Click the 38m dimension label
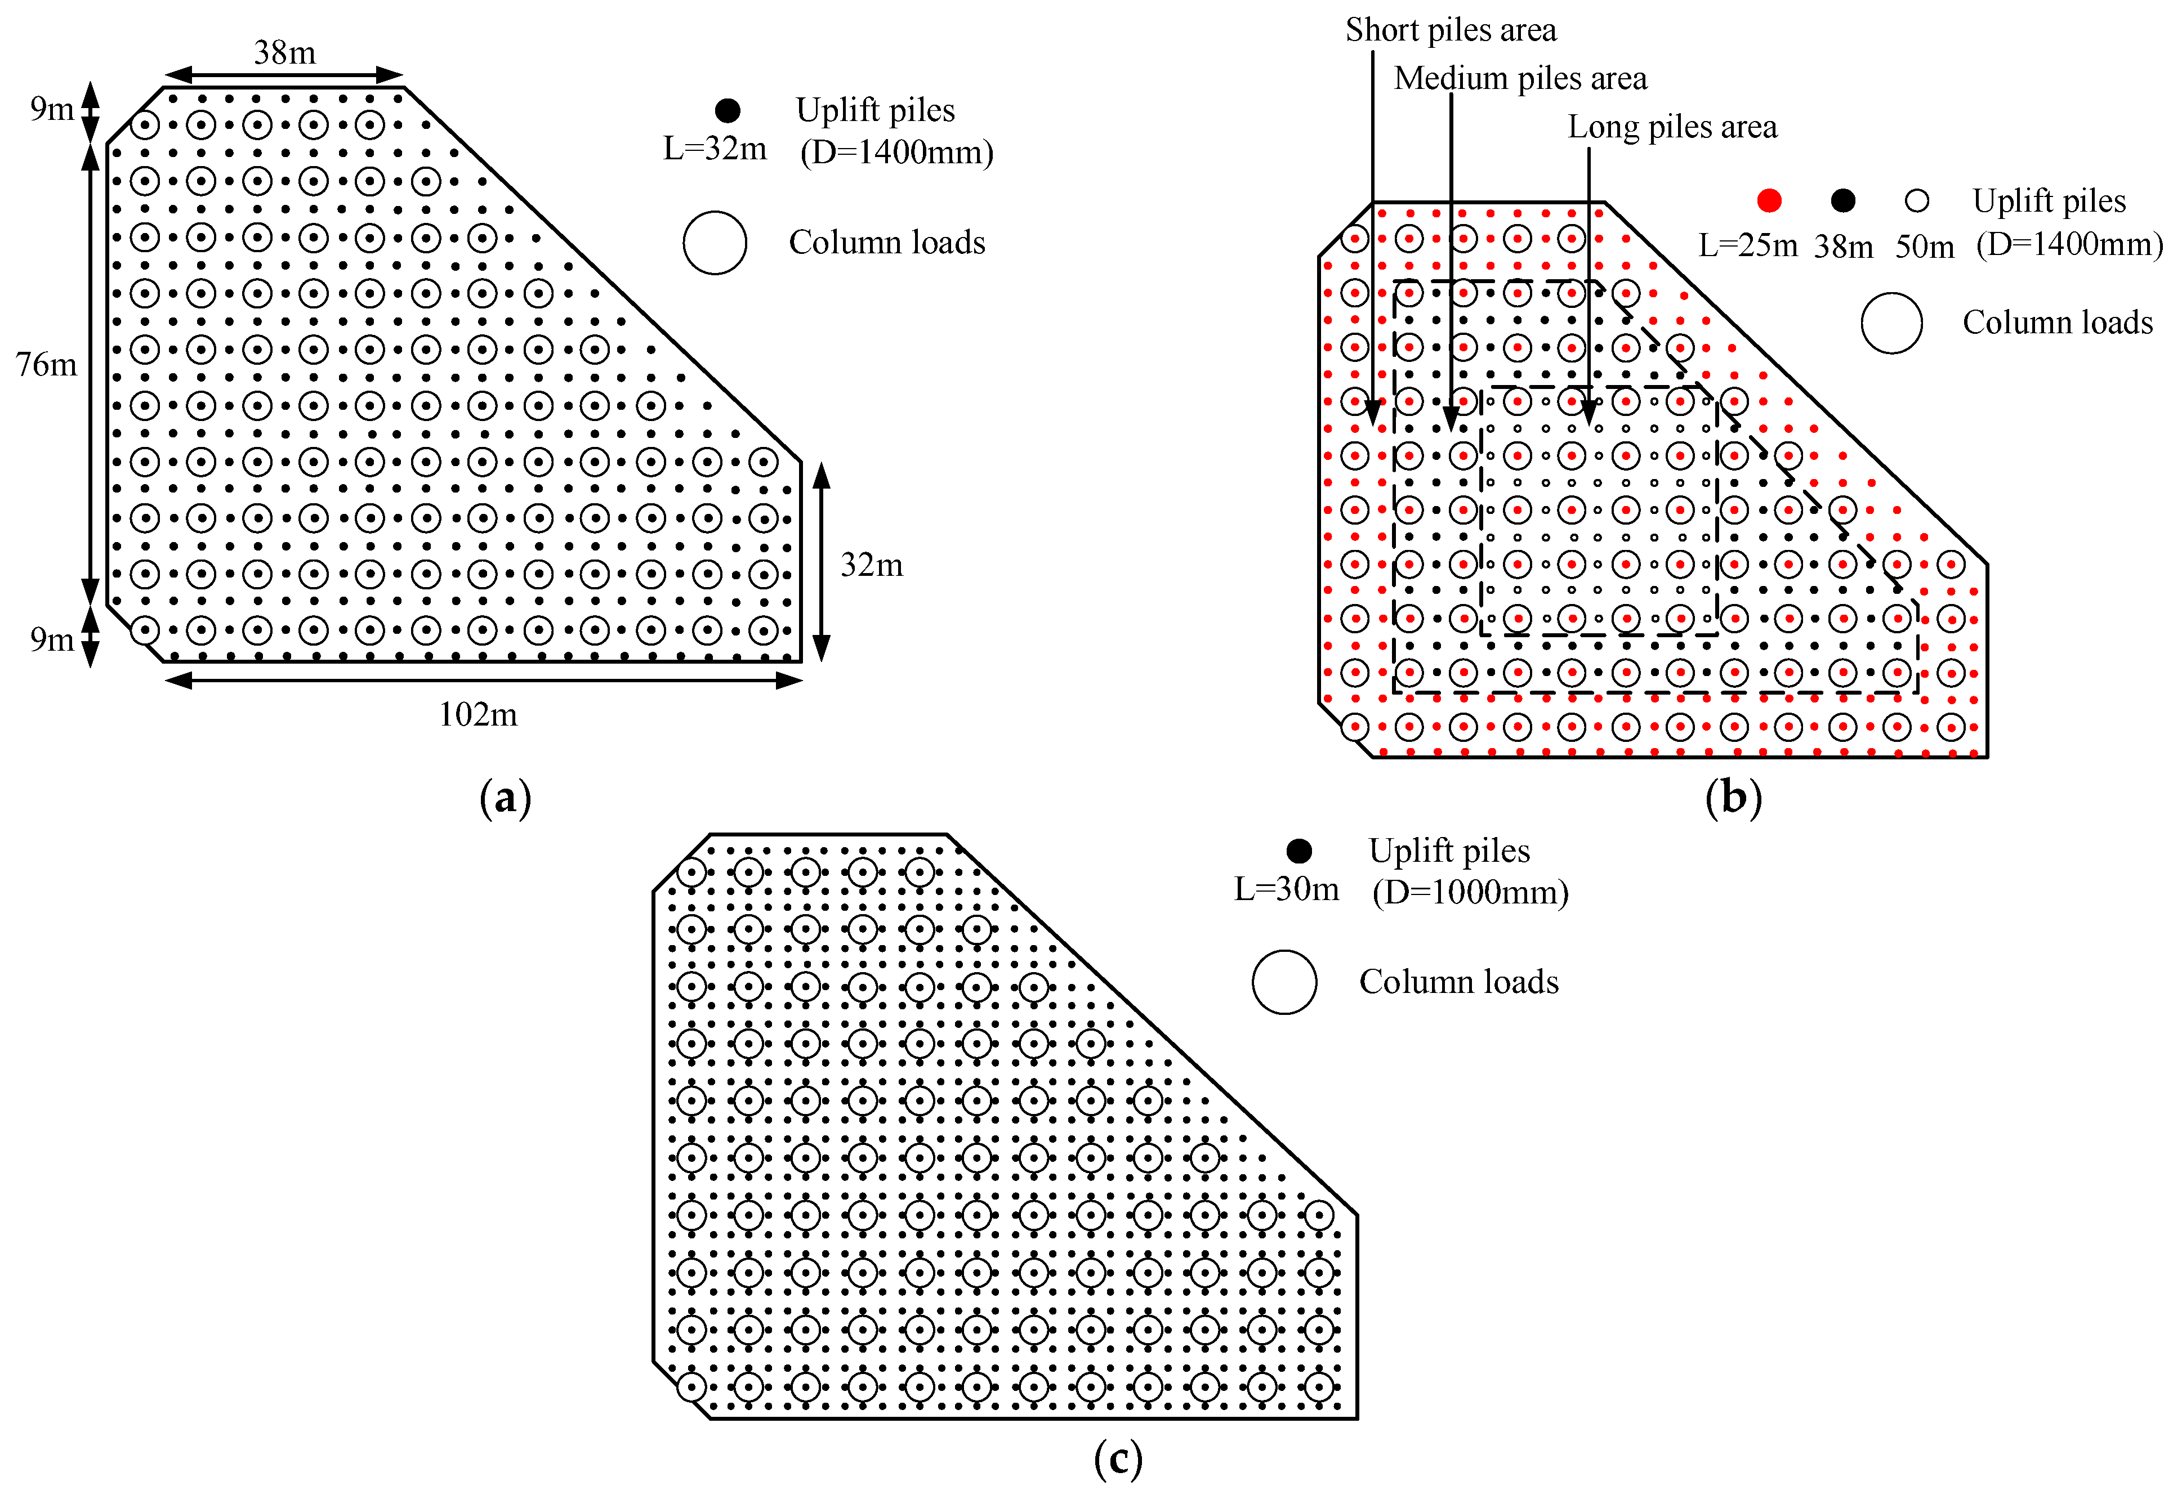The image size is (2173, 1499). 285,52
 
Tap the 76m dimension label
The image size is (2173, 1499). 46,364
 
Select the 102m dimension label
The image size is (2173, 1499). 478,715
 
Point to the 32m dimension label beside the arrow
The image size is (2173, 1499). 872,565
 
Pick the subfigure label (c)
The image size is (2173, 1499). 1118,1458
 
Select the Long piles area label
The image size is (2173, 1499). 1672,127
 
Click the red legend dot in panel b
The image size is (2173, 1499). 1769,200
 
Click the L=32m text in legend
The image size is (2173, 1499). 715,149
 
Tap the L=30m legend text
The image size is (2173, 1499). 1286,888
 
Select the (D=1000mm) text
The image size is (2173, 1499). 1470,892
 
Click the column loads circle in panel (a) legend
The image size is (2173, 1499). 715,242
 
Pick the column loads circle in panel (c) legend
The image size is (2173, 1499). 1284,982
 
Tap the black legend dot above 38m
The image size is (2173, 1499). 1843,200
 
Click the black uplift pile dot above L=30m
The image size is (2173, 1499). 1299,851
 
